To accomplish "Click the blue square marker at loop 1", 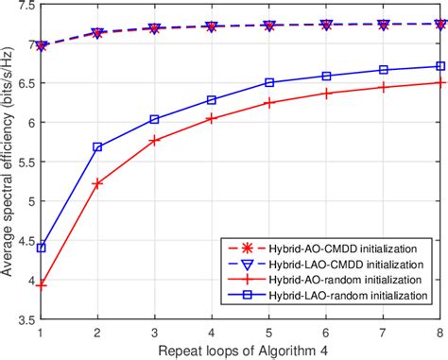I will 41,248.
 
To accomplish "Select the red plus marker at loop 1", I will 41,283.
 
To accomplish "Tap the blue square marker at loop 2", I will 97,147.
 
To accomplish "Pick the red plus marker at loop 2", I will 97,183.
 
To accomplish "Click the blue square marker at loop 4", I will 212,99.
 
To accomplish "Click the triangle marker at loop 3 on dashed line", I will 155,28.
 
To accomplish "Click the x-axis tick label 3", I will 155,332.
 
